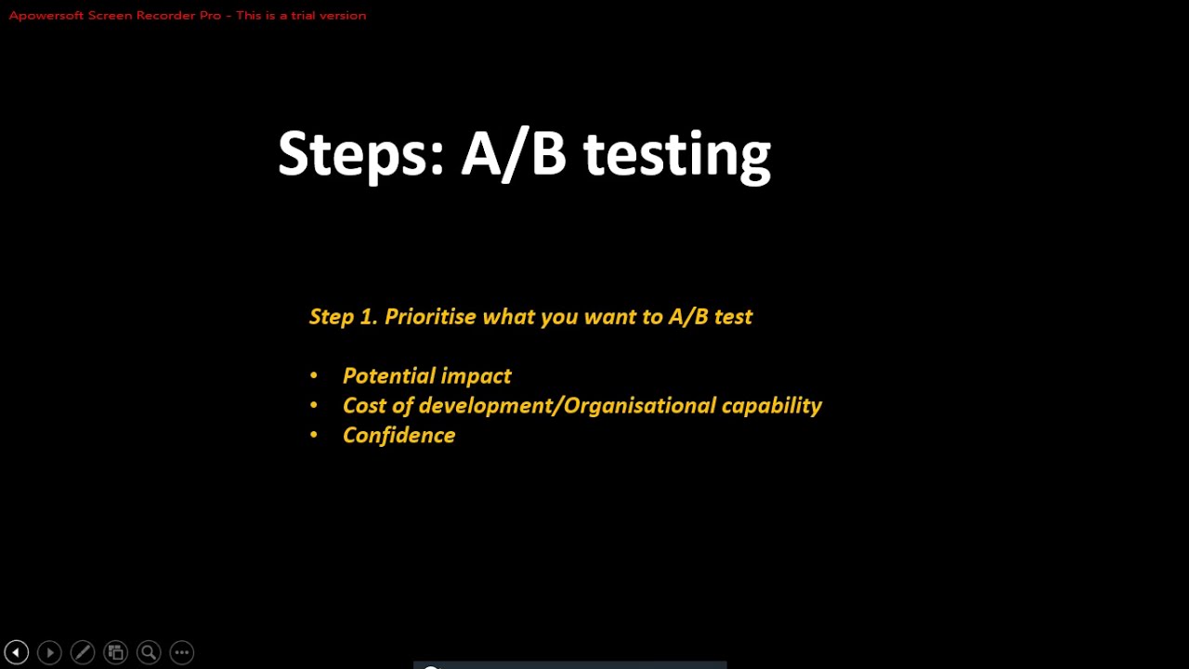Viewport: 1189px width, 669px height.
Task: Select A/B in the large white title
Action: (514, 154)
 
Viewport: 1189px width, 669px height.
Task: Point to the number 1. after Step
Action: (368, 317)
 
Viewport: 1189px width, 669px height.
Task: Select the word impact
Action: (477, 376)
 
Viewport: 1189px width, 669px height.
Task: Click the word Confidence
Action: (399, 436)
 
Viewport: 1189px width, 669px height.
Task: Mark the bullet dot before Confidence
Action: (314, 435)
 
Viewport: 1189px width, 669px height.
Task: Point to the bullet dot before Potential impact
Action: (314, 375)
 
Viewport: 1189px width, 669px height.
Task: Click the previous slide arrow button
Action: (16, 652)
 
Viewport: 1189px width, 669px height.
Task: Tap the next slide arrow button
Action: (49, 652)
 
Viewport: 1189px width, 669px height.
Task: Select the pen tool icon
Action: (83, 652)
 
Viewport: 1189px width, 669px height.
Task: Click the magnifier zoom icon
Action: (149, 652)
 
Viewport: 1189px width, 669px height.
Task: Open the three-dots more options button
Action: (182, 652)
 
